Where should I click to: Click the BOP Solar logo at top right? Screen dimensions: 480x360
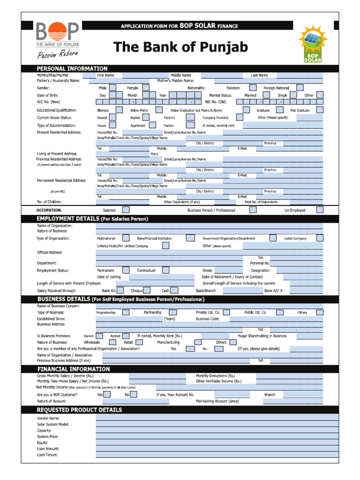point(313,45)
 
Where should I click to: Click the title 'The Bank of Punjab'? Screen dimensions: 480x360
point(180,47)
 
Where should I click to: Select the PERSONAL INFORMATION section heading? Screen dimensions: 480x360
point(72,68)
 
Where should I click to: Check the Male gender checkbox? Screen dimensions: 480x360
point(113,88)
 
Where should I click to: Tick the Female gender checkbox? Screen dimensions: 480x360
point(146,88)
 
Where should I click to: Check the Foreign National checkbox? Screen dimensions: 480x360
point(300,88)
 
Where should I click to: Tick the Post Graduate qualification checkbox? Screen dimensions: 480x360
point(319,110)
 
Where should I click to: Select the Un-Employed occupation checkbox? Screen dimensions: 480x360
point(319,210)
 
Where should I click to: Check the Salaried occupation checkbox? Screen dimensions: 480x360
point(126,210)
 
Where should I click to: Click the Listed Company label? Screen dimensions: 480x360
point(295,239)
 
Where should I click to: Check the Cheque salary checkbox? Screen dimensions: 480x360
point(147,291)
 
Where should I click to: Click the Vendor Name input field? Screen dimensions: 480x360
point(217,418)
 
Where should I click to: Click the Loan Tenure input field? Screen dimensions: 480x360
point(217,455)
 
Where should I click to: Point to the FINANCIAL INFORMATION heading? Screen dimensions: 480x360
point(73,369)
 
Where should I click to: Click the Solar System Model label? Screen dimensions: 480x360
point(53,424)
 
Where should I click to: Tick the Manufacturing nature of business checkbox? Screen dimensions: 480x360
point(204,342)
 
